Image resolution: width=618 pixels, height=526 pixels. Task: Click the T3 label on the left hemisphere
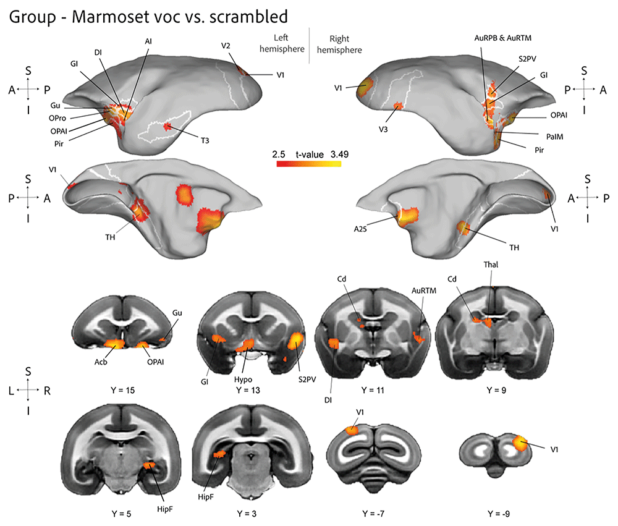205,141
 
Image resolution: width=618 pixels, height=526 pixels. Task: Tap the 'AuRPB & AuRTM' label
502,38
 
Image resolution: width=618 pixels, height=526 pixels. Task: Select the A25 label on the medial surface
360,229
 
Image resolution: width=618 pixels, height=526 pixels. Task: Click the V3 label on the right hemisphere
383,129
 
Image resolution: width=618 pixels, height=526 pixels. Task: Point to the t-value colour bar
309,164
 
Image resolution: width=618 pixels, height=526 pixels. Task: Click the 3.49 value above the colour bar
339,155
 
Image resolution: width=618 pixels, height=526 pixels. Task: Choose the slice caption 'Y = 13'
248,391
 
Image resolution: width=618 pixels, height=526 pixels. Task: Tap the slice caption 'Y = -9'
499,514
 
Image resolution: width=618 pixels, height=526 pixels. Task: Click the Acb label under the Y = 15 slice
101,362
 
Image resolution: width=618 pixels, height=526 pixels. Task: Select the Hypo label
243,380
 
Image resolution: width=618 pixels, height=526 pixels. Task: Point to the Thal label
491,265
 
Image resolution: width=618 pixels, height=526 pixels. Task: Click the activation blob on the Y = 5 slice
150,465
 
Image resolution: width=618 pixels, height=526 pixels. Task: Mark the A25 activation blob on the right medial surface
408,216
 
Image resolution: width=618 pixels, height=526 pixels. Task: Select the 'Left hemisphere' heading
282,43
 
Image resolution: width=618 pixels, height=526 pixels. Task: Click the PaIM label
554,137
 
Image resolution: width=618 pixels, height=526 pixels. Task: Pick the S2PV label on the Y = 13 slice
307,380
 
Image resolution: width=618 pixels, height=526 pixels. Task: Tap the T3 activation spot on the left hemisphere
168,127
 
